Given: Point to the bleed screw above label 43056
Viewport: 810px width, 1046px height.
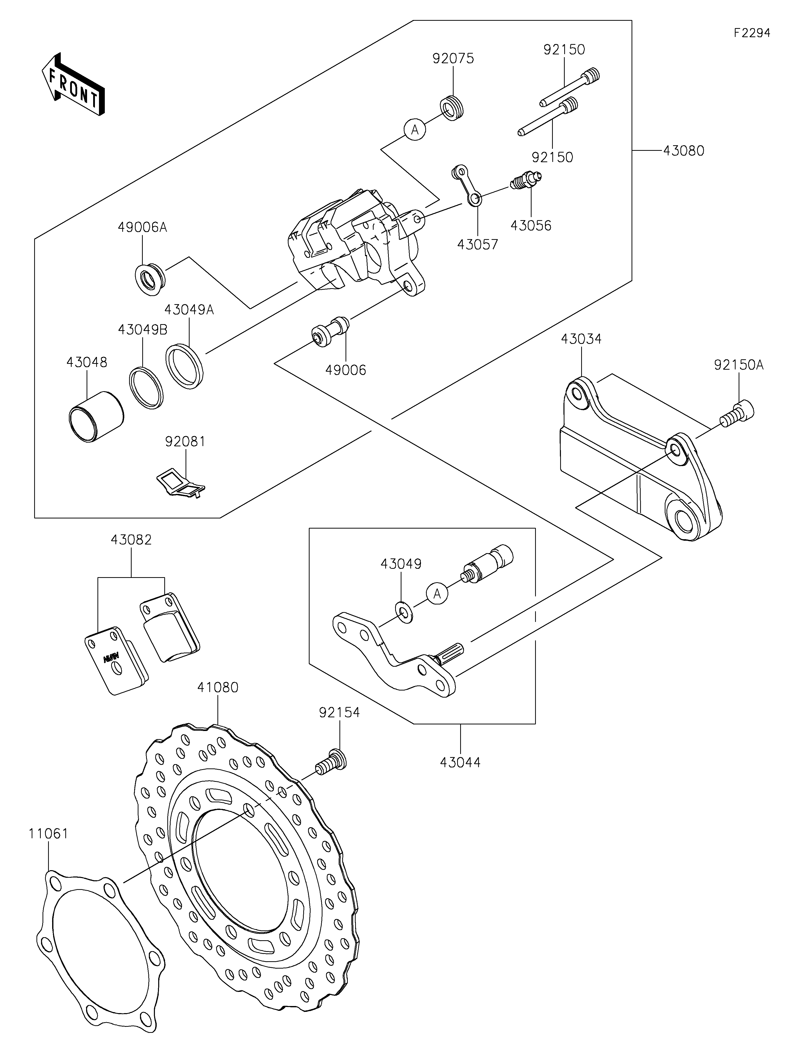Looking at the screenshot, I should (526, 180).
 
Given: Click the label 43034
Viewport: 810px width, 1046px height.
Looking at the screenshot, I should (581, 339).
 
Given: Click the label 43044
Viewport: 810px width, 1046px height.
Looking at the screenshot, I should (460, 762).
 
